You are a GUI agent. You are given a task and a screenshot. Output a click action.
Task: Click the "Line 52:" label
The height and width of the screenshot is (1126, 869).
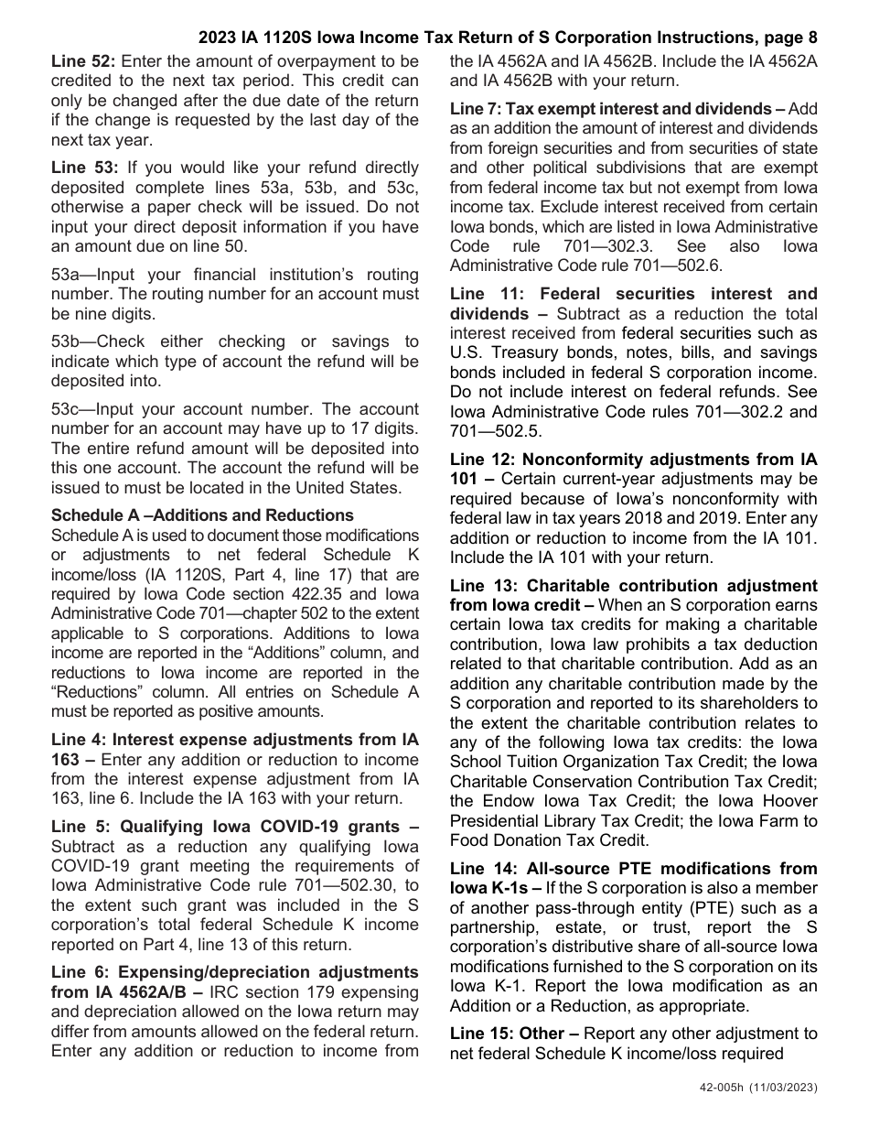83,61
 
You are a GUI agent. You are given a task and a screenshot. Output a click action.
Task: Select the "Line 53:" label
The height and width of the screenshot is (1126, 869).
84,168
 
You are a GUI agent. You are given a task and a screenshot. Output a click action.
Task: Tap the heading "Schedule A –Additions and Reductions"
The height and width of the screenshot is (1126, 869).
202,515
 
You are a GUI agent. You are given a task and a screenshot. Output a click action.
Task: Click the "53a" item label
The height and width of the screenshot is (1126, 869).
69,275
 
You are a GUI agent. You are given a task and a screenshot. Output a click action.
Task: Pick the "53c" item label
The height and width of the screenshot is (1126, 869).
69,409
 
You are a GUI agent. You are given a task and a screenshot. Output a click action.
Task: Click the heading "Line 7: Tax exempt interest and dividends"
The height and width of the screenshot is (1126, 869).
611,109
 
